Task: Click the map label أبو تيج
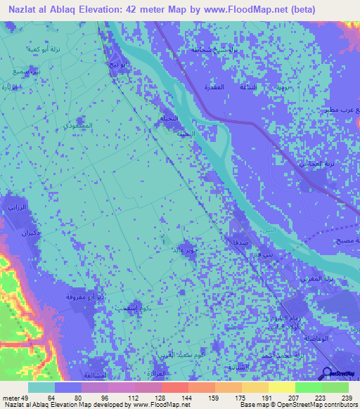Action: tap(117, 65)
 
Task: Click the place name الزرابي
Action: tap(16, 208)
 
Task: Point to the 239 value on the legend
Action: tap(347, 398)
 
